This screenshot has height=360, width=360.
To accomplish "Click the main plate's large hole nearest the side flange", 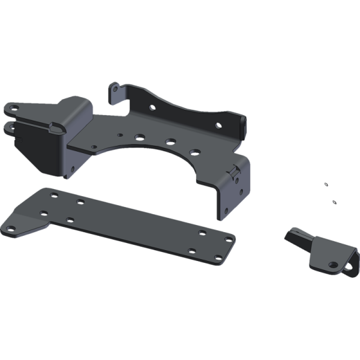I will click(x=195, y=152).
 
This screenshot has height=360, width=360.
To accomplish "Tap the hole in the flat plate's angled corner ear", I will click(x=10, y=227).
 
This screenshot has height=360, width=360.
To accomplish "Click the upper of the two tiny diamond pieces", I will click(x=325, y=184).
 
